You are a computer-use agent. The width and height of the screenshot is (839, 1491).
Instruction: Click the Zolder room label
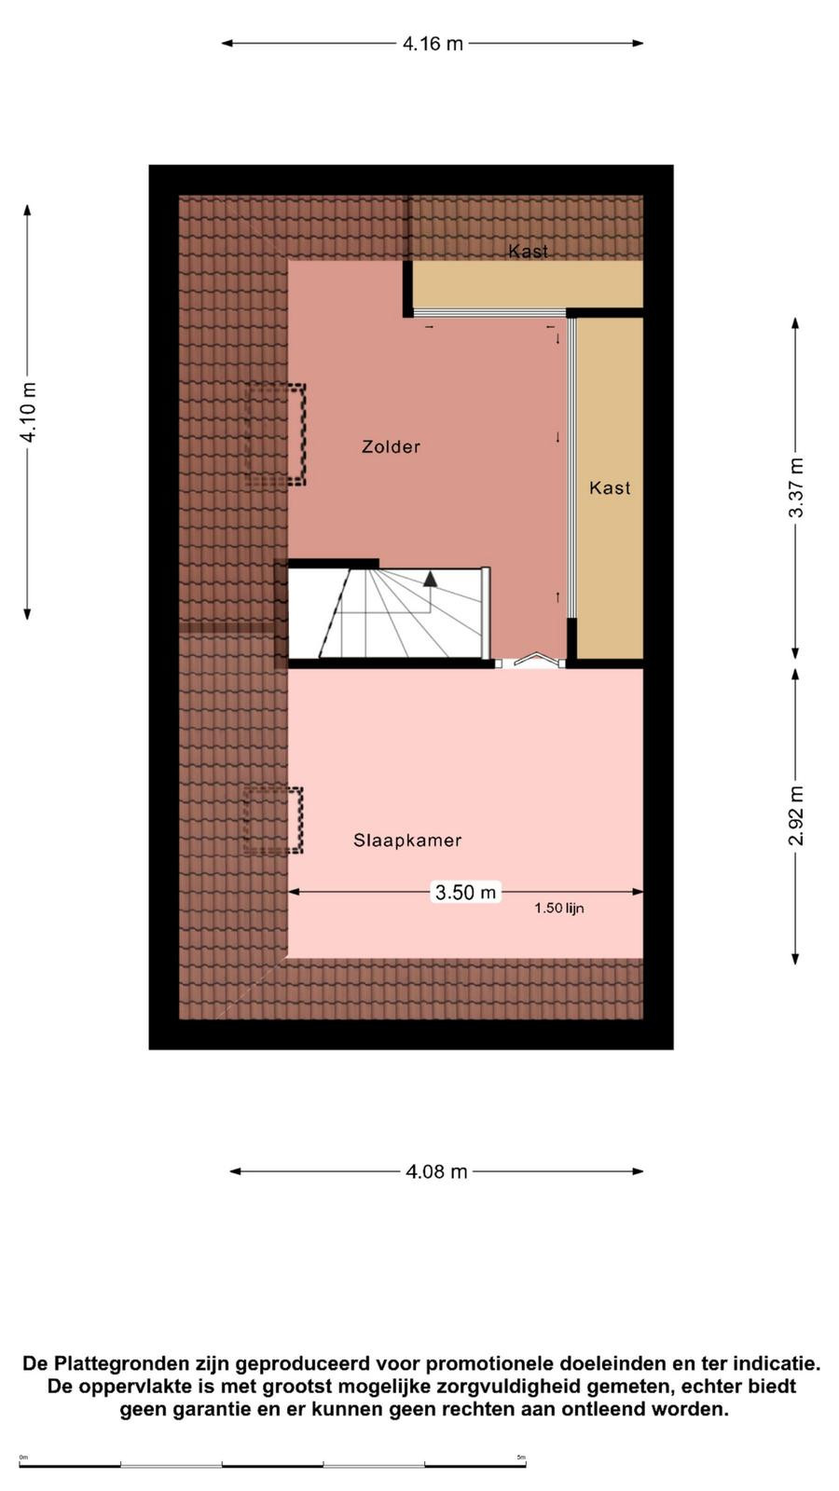click(x=391, y=446)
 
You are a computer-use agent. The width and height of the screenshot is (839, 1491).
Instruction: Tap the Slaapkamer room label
click(x=407, y=841)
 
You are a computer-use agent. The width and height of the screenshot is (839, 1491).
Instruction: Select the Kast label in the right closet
click(x=610, y=488)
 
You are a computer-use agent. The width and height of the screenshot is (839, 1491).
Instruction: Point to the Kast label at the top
click(x=528, y=251)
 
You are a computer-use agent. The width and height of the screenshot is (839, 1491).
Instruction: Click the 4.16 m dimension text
click(x=433, y=44)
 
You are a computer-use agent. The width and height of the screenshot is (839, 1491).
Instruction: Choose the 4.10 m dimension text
click(x=29, y=413)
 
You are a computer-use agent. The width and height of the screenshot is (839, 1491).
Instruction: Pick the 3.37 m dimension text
click(x=796, y=488)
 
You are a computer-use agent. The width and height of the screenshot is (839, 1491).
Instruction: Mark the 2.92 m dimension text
click(x=796, y=816)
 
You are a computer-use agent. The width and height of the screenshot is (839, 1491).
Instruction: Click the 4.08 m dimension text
click(x=437, y=1172)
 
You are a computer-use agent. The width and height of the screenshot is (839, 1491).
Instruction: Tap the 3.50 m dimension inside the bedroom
click(x=465, y=892)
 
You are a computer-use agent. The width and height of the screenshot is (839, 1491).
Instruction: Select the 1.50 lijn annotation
click(x=559, y=908)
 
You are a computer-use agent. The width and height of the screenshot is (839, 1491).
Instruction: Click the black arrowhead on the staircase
click(x=430, y=579)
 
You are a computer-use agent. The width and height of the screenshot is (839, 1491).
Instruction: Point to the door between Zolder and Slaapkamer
click(x=532, y=661)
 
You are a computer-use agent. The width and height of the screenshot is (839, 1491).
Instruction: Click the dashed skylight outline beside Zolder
click(x=275, y=434)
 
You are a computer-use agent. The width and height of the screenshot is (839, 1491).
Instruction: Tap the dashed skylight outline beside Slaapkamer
click(x=273, y=821)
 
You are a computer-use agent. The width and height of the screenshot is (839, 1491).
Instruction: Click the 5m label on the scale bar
click(x=521, y=1457)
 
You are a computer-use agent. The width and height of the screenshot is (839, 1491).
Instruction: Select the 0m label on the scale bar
click(x=23, y=1457)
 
